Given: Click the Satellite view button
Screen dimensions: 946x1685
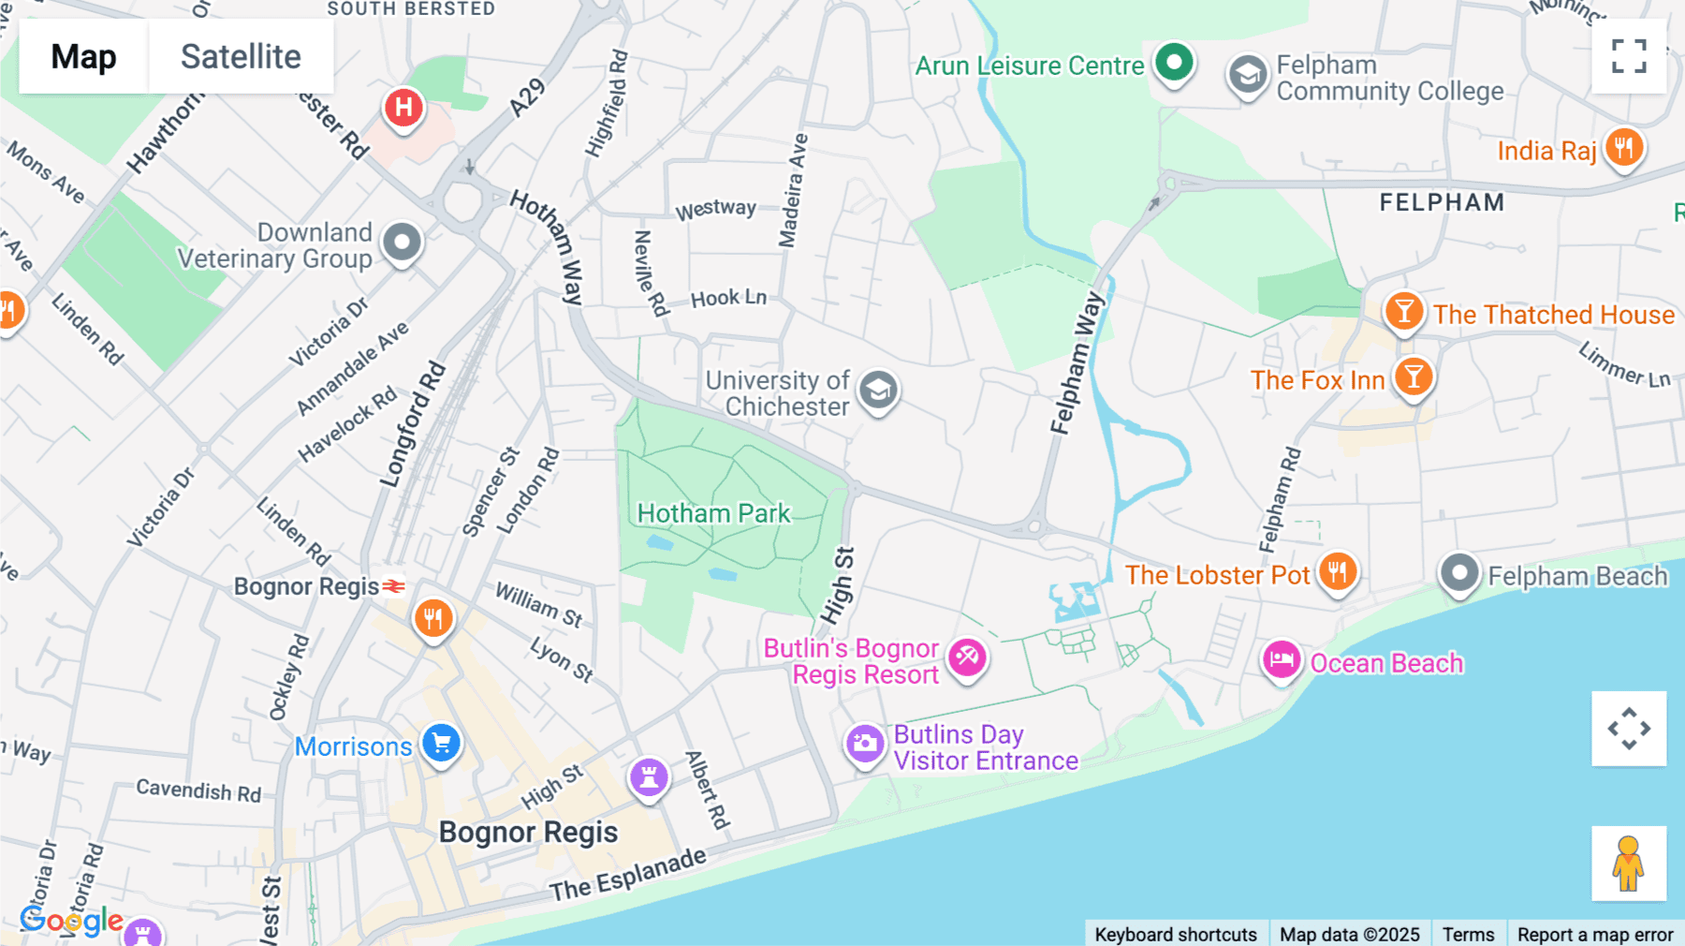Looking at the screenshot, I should pyautogui.click(x=241, y=56).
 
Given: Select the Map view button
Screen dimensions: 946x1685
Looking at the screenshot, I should pyautogui.click(x=83, y=56).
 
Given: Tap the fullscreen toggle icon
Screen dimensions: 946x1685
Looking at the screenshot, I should pyautogui.click(x=1629, y=56).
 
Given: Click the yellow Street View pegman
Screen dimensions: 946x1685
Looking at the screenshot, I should pyautogui.click(x=1629, y=864).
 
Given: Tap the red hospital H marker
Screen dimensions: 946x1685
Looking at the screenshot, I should pyautogui.click(x=403, y=107).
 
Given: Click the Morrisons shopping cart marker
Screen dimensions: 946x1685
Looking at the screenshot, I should pyautogui.click(x=441, y=743).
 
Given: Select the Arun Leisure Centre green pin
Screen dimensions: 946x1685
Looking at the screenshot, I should pyautogui.click(x=1174, y=63).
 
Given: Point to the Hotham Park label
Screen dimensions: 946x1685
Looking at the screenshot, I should pyautogui.click(x=713, y=513).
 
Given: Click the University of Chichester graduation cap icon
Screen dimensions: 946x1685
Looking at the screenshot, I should pyautogui.click(x=878, y=390).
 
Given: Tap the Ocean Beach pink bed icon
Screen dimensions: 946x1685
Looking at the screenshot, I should pyautogui.click(x=1281, y=659).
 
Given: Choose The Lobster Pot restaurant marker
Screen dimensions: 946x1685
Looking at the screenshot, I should pyautogui.click(x=1338, y=570).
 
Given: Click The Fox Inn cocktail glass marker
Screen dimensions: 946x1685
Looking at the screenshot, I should pyautogui.click(x=1414, y=377).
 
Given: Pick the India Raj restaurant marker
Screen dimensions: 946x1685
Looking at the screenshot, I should pyautogui.click(x=1624, y=148).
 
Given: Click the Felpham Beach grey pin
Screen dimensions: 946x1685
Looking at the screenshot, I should pyautogui.click(x=1458, y=572).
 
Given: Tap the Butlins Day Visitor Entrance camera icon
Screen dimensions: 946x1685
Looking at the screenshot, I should pyautogui.click(x=865, y=745).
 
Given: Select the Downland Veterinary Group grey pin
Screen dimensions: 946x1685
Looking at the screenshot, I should pyautogui.click(x=403, y=242).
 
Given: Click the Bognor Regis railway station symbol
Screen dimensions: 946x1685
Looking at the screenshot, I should pyautogui.click(x=394, y=586).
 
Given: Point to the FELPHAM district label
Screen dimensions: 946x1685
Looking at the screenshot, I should pyautogui.click(x=1442, y=202).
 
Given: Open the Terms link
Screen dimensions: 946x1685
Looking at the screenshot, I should pyautogui.click(x=1468, y=934).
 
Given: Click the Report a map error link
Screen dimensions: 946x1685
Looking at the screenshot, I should pyautogui.click(x=1595, y=934).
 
